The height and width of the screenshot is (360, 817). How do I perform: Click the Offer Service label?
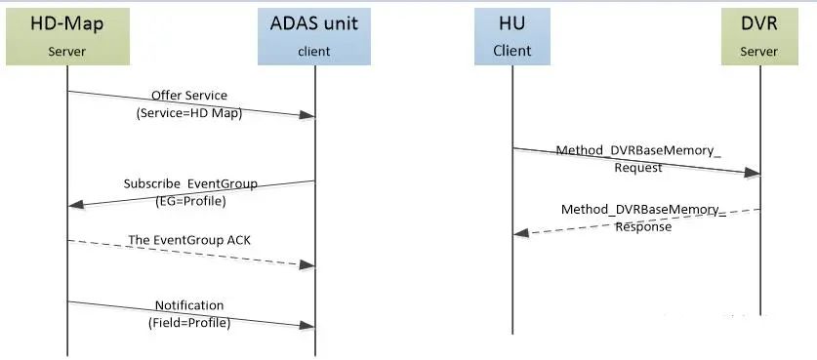point(188,96)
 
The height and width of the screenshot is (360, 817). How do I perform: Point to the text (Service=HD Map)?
point(188,112)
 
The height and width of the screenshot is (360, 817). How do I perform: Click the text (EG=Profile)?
point(190,201)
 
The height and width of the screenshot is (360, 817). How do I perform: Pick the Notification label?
point(189,305)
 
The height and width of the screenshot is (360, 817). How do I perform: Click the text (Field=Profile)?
point(189,322)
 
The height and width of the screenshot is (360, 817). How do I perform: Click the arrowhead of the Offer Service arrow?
point(306,116)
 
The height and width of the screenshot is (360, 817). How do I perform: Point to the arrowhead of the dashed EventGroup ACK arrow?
point(306,264)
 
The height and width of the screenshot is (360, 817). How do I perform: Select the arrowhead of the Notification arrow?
point(306,327)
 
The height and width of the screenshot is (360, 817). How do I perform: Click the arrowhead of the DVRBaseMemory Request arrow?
point(752,174)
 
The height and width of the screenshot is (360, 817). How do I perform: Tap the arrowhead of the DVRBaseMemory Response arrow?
point(521,233)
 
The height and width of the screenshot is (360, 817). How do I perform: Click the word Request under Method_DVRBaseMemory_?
point(638,168)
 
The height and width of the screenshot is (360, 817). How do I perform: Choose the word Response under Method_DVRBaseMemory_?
point(642,226)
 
